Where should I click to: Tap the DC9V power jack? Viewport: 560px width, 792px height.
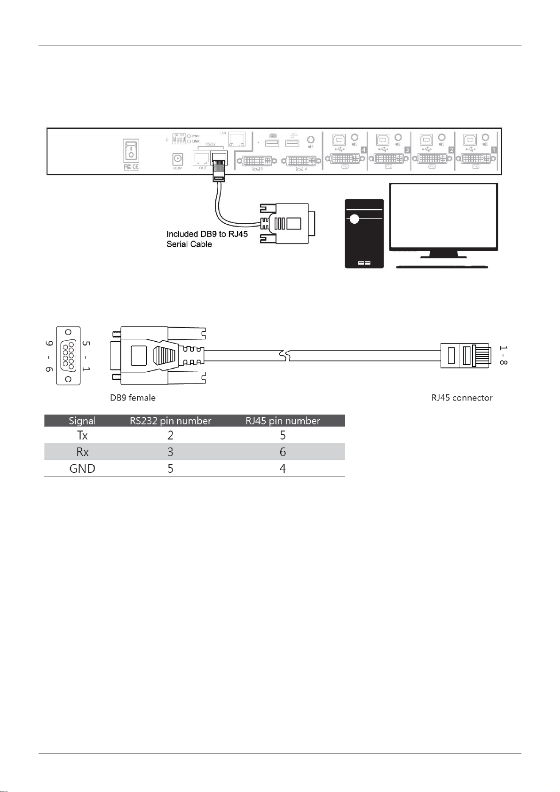[x=178, y=159]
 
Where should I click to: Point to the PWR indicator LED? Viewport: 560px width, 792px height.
[x=189, y=136]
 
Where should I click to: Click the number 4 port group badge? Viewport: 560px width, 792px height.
[x=363, y=150]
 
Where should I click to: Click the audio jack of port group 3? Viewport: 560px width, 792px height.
[x=399, y=138]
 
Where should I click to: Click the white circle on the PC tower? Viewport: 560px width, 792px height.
[x=355, y=219]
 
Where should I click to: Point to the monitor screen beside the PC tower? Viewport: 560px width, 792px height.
[x=443, y=217]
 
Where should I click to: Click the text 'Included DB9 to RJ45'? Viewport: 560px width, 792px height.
[x=207, y=234]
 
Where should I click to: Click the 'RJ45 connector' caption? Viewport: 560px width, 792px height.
[x=462, y=398]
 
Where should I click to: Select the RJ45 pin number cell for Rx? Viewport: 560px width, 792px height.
[x=283, y=452]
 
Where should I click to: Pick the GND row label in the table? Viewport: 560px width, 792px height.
[x=82, y=469]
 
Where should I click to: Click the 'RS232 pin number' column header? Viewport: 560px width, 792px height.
[x=170, y=421]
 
